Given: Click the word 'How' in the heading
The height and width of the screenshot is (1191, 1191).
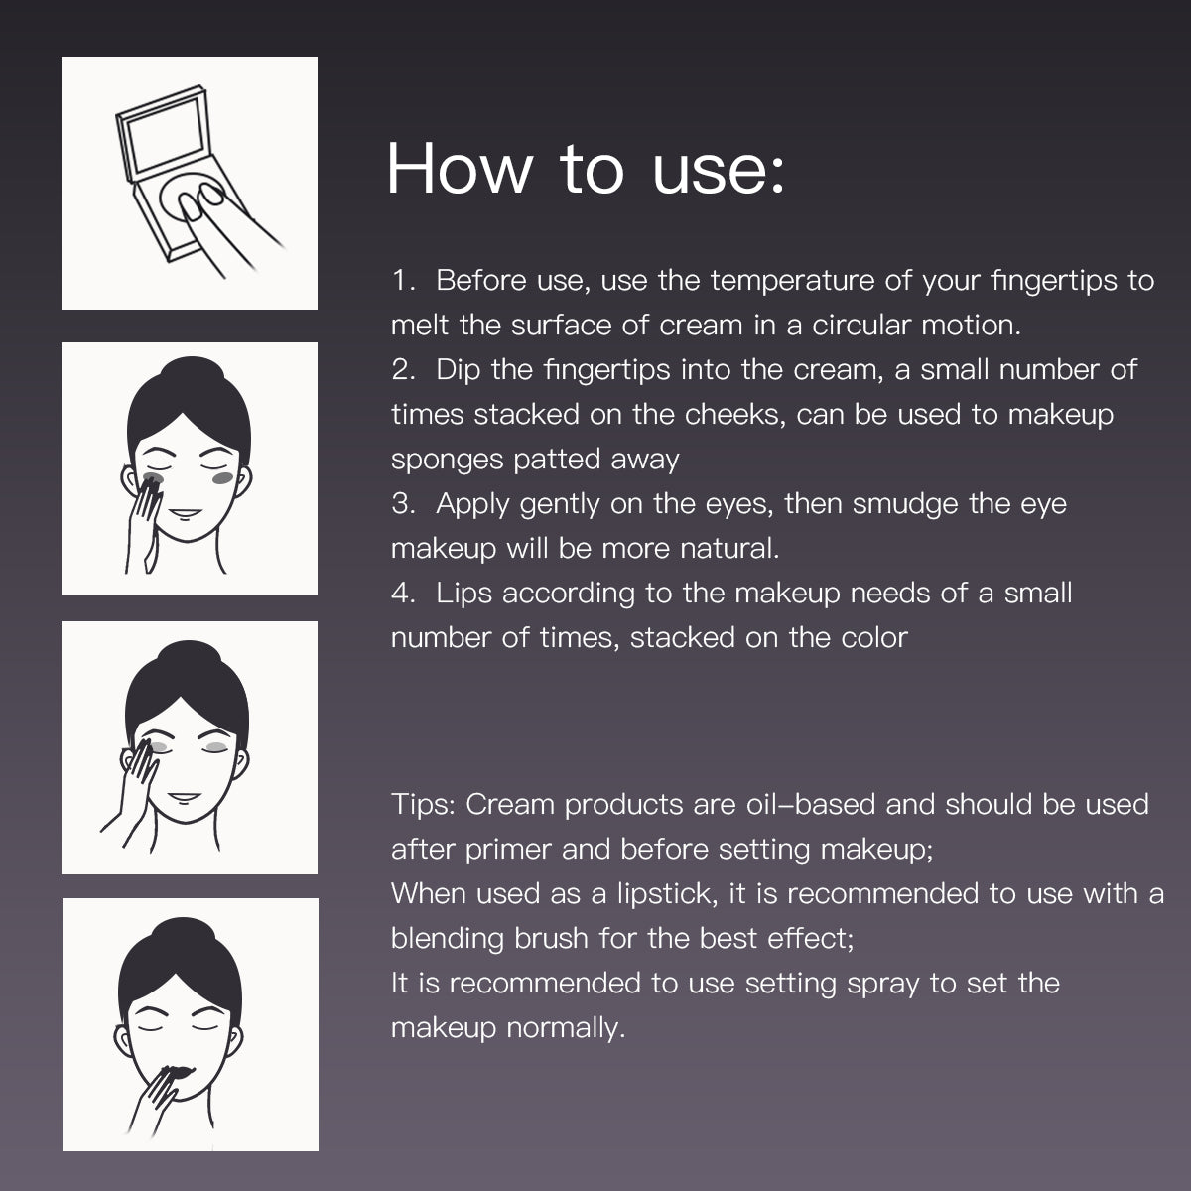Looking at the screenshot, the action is point(460,169).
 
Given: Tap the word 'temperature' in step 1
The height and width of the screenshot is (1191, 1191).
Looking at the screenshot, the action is point(792,281).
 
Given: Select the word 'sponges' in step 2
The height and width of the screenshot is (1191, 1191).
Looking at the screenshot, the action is point(447,461).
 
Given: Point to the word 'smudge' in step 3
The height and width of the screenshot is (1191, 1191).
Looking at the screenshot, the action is point(905,504).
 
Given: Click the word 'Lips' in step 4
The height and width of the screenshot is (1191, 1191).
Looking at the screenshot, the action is point(463,594).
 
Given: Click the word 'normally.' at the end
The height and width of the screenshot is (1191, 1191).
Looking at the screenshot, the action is point(566,1028).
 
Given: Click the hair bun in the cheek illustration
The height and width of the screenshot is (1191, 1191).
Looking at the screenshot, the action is point(192,373).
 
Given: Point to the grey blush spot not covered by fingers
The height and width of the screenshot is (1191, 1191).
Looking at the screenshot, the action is point(223,477).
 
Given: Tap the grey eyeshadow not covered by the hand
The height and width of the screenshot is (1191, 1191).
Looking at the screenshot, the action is point(216,748).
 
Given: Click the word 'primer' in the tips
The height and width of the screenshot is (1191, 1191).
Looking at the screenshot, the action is point(507,850).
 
